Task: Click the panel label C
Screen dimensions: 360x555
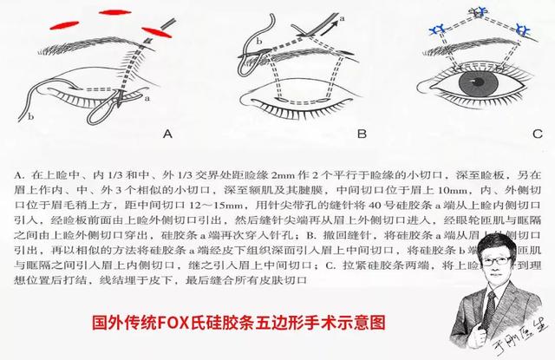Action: (x=537, y=134)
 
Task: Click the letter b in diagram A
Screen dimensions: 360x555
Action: (x=31, y=114)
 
